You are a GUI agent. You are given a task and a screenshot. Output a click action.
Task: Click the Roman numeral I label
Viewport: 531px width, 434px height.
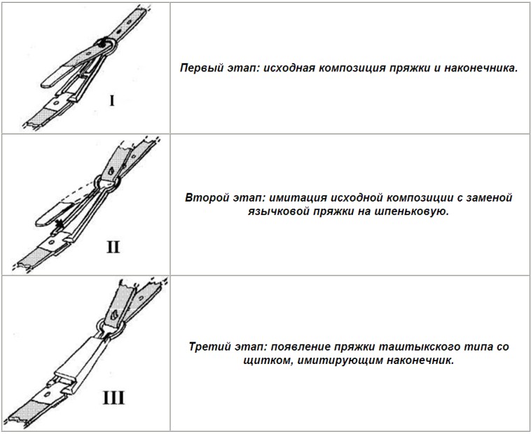(112, 101)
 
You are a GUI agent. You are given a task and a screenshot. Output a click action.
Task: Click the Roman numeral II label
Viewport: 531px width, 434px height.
(113, 247)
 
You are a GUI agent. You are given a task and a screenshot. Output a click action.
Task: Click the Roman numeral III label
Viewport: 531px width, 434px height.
(113, 398)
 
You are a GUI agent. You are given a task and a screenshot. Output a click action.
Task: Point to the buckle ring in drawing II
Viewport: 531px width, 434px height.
(109, 183)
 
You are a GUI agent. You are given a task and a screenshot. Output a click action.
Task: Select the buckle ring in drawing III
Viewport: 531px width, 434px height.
(110, 328)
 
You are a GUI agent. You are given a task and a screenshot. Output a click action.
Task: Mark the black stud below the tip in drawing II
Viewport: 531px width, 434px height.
(60, 223)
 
